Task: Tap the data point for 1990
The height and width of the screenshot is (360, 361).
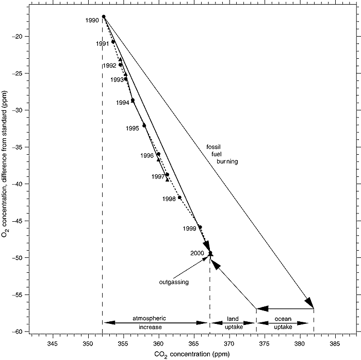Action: [x=104, y=17]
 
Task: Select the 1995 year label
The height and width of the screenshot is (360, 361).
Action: [x=133, y=128]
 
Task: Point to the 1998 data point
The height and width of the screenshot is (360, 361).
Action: [x=179, y=198]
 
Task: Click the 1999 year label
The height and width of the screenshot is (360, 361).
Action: [x=189, y=228]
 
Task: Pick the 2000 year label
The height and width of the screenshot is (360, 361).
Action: [x=198, y=253]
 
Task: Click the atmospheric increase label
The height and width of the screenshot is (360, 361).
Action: [x=156, y=323]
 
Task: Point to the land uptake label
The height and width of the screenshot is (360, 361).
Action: [x=232, y=323]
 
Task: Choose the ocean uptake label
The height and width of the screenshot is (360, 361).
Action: [x=285, y=323]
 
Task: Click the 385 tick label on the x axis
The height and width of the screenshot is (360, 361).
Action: [x=335, y=343]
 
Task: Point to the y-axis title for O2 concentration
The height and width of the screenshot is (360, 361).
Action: [x=6, y=175]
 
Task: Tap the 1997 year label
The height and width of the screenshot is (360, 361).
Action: [x=158, y=177]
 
